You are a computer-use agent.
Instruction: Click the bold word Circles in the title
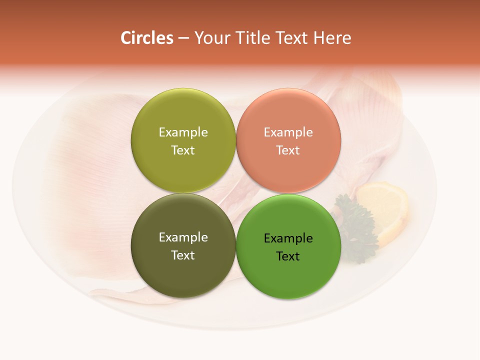146,38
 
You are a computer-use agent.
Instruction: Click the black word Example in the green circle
288,238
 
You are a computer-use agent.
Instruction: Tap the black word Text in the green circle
288,256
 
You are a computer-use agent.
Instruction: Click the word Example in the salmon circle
288,132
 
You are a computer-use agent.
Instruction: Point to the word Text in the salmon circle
288,150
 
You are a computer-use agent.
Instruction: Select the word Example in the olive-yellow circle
183,132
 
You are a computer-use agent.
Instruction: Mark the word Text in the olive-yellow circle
183,150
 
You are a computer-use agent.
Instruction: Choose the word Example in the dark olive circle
183,237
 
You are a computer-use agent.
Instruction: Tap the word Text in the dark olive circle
183,255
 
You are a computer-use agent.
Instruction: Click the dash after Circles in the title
183,38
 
